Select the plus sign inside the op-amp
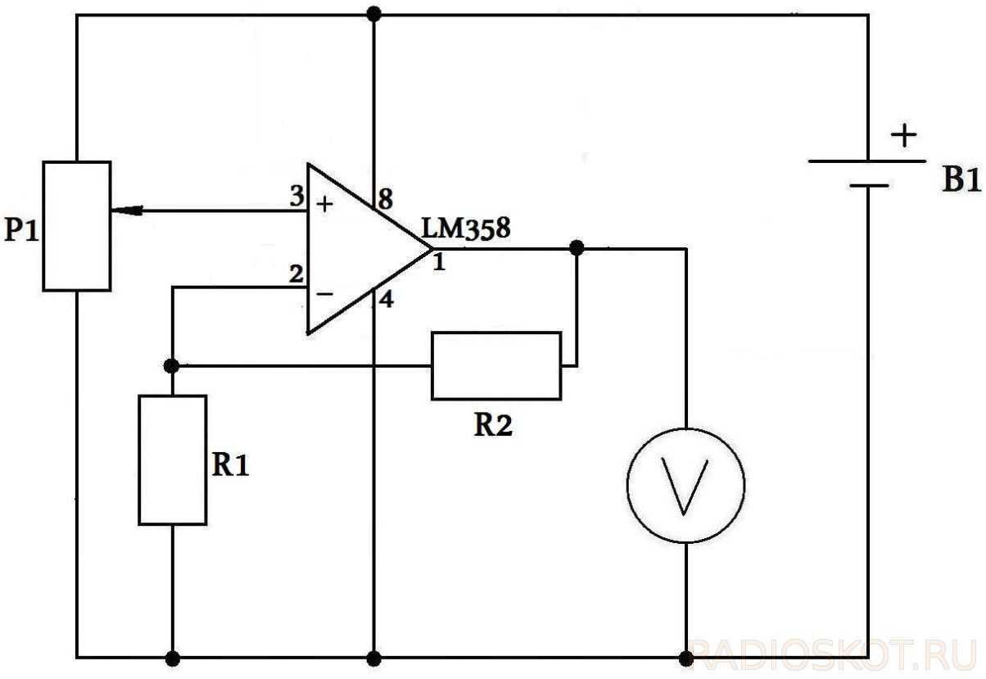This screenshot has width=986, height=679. [x=325, y=205]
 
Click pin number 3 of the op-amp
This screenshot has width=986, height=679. [x=296, y=197]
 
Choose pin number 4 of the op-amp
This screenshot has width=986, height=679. [x=386, y=300]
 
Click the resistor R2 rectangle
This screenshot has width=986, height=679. [x=496, y=365]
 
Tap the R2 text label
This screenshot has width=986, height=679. [x=494, y=426]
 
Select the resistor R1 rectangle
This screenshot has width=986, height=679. [x=172, y=459]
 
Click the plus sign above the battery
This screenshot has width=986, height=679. [x=904, y=135]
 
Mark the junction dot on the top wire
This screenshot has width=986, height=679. [x=374, y=13]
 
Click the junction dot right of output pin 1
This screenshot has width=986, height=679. [x=577, y=247]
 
